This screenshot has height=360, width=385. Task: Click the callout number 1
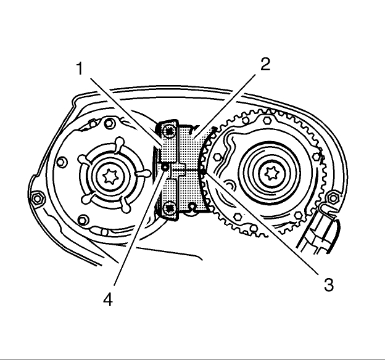pos(80,68)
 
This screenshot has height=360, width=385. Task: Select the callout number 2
pos(265,65)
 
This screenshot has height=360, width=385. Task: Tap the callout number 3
pos(329,284)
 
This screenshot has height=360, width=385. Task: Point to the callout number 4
pos(107,300)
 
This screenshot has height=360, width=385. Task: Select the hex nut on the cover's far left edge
pos(36,198)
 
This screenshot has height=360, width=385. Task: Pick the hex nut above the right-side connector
pos(334,197)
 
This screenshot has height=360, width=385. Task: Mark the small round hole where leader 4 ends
pos(165,166)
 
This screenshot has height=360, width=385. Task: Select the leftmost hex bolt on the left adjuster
pos(60,163)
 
